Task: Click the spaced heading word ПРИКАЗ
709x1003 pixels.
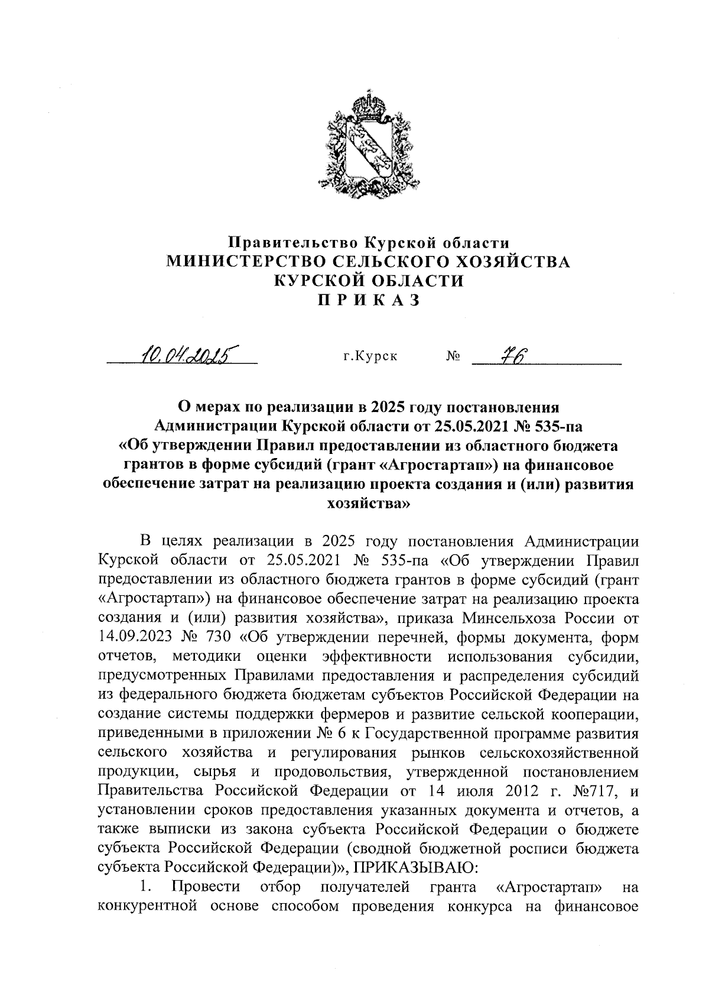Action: tap(369, 300)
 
